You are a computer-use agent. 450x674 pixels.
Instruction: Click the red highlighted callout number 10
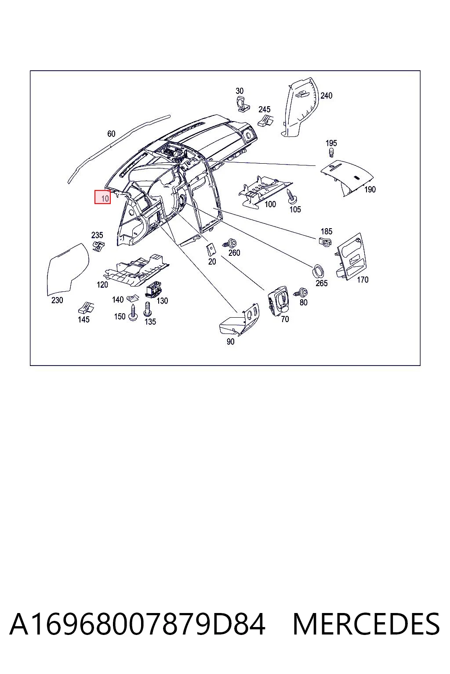pos(102,197)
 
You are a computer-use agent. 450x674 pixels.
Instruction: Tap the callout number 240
pos(326,96)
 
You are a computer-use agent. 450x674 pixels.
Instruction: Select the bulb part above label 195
pos(331,153)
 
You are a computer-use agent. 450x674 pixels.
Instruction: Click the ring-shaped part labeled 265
pos(318,272)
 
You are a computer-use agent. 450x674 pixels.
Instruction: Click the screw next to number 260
pos(230,243)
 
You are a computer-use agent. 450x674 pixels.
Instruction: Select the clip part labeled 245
pos(265,120)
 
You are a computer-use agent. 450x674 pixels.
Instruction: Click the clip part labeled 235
pos(98,246)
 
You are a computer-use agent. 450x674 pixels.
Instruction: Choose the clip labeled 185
pos(325,241)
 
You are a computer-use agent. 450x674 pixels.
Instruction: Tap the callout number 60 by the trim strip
pos(111,133)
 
